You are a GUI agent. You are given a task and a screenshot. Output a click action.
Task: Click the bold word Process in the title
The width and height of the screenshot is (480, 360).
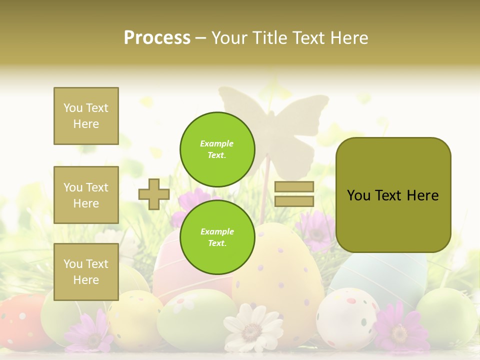[157, 38]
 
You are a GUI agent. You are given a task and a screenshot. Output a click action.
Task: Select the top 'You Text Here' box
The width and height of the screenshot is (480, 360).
[86, 116]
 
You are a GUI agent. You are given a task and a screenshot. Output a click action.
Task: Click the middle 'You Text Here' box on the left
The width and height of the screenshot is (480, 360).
[86, 195]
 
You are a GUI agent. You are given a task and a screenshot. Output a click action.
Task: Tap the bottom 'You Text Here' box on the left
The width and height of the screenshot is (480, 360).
[86, 272]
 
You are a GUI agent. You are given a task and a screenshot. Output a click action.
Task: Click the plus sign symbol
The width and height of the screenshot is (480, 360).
[154, 194]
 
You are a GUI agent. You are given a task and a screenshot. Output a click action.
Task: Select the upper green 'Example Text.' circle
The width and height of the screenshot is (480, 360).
[217, 149]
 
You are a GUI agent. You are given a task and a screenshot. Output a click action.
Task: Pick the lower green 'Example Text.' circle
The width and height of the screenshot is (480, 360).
[217, 237]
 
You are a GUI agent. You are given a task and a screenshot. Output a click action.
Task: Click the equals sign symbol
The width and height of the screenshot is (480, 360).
[294, 194]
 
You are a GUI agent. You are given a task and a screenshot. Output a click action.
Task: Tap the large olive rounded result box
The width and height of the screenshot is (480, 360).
[393, 195]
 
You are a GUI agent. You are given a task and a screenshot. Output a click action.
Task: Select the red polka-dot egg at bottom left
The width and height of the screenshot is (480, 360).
[20, 320]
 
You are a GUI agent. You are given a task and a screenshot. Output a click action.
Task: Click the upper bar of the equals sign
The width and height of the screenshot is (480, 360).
[294, 187]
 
